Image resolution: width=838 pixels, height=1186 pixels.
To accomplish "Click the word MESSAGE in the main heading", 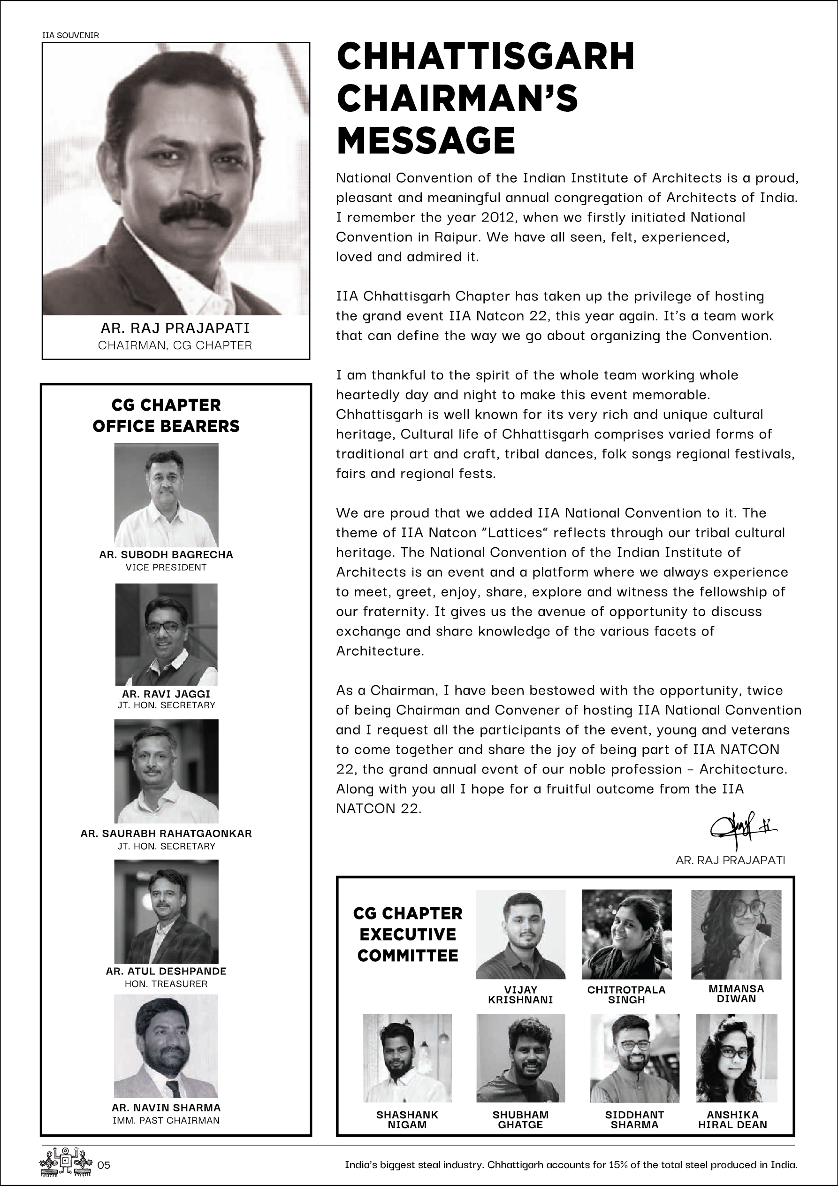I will point(426,140).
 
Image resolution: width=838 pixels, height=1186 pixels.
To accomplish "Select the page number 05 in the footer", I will point(104,1165).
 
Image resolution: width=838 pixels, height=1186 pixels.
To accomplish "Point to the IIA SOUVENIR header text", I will point(70,36).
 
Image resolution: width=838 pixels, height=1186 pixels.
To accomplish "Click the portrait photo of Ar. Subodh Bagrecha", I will point(166,495).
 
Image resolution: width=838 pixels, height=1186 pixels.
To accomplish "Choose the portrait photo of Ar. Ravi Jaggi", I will point(166,635).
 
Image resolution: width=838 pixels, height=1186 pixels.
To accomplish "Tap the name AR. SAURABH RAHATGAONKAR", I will point(166,833).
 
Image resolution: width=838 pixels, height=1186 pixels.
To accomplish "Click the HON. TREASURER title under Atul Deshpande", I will point(166,984).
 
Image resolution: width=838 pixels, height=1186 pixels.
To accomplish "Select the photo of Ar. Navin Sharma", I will point(166,1046).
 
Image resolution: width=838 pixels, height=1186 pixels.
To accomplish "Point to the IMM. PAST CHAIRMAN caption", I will point(166,1120).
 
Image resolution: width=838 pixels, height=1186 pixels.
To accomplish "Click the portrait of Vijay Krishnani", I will point(520,934).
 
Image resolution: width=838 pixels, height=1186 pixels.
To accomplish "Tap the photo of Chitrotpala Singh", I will point(626,934).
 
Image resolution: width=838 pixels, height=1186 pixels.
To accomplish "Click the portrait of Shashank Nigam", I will point(407,1058).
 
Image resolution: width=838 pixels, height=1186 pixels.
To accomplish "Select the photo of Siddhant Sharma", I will point(634,1058).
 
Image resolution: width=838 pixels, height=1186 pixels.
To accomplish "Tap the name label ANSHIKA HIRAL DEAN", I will point(733,1120).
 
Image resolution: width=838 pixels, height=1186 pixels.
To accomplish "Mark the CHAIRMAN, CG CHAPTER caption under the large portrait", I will point(175,345).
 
